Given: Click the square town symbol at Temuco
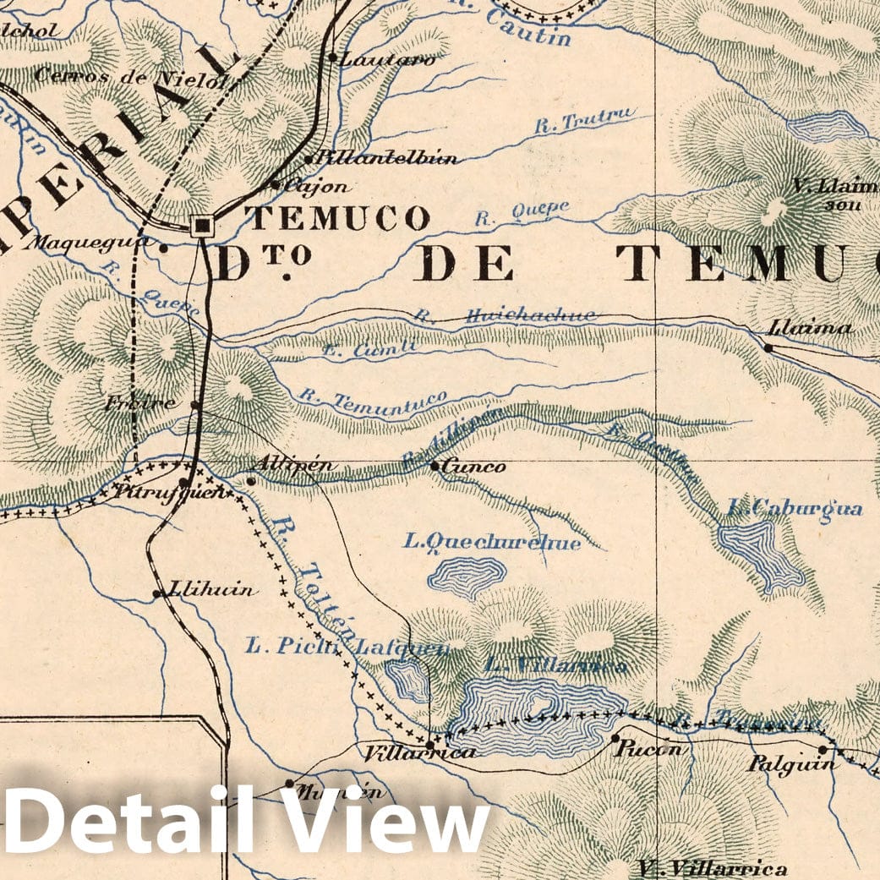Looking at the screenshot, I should coord(202,226).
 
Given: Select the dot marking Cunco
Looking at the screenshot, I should coord(435,466).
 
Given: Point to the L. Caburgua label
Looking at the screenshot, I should coord(795,508).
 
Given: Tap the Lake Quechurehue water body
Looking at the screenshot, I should coord(466,577).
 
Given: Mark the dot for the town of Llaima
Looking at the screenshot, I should coord(768,347).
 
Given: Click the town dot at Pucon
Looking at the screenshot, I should coord(615,738).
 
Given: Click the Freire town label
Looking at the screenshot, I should coord(141,403).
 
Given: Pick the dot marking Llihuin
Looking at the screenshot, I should coord(156,594).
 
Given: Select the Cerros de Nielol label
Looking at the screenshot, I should coord(130,78).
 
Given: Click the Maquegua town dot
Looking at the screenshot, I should coord(163,249).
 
